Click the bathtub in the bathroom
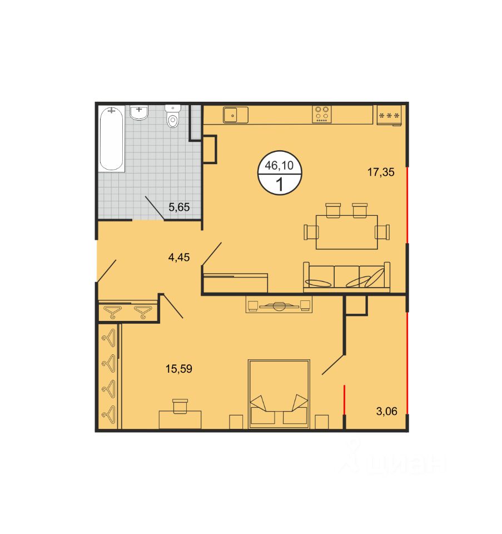coord(111,139)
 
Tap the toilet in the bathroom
coord(173,116)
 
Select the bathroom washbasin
coord(139,112)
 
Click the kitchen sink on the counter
coord(236,115)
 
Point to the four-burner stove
coord(322,114)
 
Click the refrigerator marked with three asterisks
coord(389,116)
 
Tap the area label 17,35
coord(381,172)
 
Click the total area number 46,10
coord(279,165)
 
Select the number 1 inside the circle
coord(280,185)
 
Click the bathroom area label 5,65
coord(179,207)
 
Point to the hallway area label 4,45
coord(179,258)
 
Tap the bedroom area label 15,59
coord(179,369)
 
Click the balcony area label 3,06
coord(386,412)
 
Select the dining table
coord(347,232)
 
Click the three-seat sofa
coord(347,277)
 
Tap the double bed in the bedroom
coord(279,394)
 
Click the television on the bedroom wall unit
coord(279,306)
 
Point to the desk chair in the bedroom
coord(180,406)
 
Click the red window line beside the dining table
coord(407,205)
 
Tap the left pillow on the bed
coord(259,403)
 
